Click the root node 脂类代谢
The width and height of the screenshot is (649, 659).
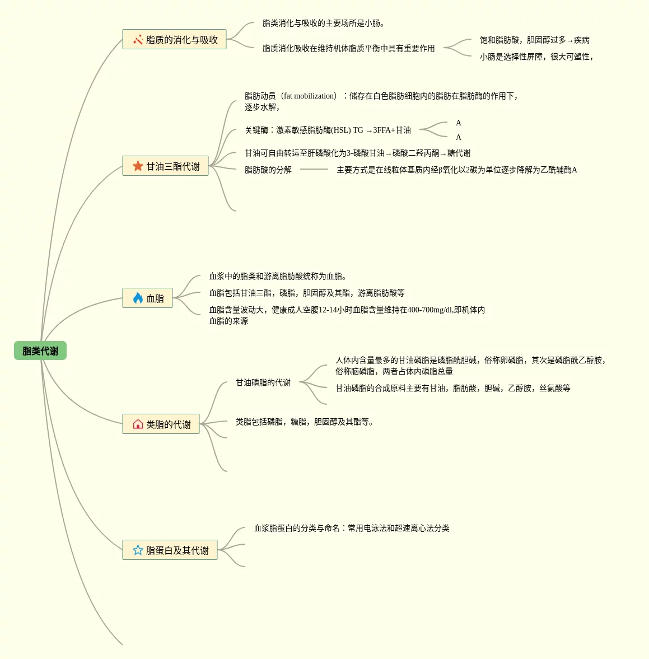(x=40, y=351)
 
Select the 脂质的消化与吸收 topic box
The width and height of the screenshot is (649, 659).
(x=174, y=40)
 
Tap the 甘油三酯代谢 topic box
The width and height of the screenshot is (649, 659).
(x=165, y=166)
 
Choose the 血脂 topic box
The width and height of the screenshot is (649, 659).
(x=147, y=298)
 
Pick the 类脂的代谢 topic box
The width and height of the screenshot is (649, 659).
(x=161, y=424)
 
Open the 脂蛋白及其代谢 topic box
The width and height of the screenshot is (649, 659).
(x=170, y=550)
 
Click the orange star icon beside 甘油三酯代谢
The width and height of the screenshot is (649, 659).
(x=138, y=166)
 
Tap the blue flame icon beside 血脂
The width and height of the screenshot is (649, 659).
(x=138, y=298)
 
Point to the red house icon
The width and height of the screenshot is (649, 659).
(x=138, y=424)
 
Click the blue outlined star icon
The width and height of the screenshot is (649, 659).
(x=138, y=550)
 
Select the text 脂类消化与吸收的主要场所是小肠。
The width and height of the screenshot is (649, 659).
(x=323, y=24)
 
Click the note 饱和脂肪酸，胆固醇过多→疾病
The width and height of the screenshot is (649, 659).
(x=534, y=40)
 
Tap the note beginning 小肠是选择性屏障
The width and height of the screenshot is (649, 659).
(x=536, y=57)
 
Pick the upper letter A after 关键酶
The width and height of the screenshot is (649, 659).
(x=459, y=123)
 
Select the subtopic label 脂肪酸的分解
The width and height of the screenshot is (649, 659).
(x=268, y=170)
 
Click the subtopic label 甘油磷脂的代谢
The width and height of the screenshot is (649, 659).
(x=263, y=383)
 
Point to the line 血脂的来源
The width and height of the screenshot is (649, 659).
(x=228, y=321)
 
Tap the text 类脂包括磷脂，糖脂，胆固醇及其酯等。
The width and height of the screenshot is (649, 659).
(x=304, y=422)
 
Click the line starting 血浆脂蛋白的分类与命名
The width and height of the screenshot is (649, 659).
(x=351, y=529)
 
